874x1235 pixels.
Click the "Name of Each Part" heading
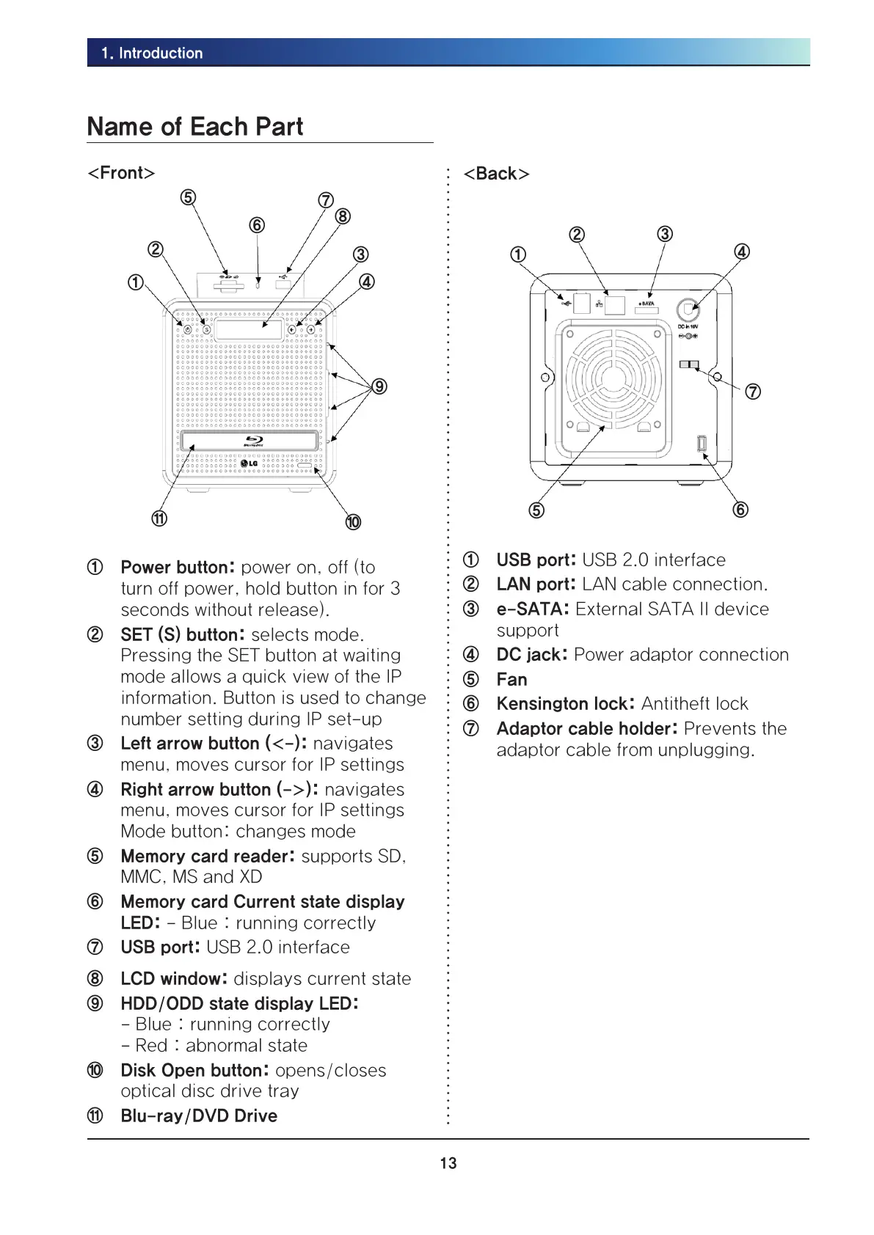(194, 126)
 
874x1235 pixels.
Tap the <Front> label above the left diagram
(121, 173)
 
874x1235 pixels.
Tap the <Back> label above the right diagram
(496, 174)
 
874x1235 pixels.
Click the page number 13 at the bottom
(448, 1163)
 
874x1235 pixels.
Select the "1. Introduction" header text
(153, 53)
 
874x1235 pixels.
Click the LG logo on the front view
(250, 462)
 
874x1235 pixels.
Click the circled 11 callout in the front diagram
(159, 518)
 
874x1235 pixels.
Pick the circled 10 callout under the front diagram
(353, 522)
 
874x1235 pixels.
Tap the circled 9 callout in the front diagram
(379, 386)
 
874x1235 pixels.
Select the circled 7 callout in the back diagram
(753, 392)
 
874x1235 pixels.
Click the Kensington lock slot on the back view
(701, 444)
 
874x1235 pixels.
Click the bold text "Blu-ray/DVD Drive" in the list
(199, 1116)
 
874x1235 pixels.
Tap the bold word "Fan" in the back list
(511, 680)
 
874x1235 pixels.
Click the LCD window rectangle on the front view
(250, 329)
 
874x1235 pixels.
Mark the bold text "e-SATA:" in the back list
(533, 609)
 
